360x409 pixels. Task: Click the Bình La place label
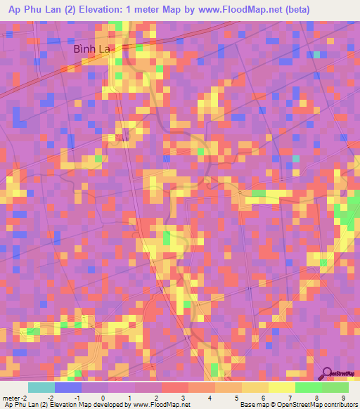pos(95,50)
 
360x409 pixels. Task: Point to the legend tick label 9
pos(345,397)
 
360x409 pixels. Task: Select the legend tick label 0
pos(103,397)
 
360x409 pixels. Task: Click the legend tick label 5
pos(238,397)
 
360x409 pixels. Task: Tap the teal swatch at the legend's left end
pos(41,387)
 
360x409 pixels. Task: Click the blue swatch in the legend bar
pos(68,387)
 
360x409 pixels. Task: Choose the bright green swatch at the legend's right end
pos(335,387)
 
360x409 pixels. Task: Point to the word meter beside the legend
pos(12,397)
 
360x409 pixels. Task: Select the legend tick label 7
pos(291,397)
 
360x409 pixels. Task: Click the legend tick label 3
pos(184,397)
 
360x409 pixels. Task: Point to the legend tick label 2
pos(157,397)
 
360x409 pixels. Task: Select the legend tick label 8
pos(318,397)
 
